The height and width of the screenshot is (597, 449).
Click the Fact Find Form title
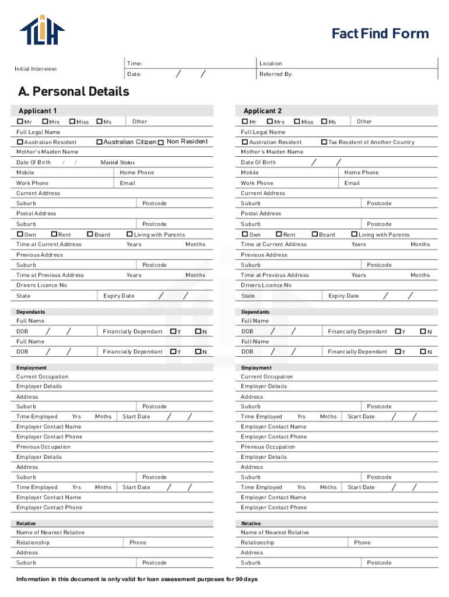[380, 34]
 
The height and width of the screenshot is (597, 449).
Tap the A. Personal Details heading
[73, 92]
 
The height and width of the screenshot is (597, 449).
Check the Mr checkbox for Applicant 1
[20, 121]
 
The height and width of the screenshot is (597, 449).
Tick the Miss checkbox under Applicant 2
[297, 121]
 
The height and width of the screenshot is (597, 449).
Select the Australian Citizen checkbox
[99, 142]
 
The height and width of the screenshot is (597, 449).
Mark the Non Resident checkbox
[161, 142]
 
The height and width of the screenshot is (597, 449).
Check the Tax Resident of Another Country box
[324, 142]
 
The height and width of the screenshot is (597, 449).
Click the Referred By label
[276, 75]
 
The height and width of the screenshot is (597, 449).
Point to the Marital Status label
[117, 163]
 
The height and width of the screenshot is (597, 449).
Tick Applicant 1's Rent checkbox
[54, 234]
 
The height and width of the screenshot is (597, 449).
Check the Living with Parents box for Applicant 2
[354, 234]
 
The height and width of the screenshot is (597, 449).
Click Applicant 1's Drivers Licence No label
[41, 285]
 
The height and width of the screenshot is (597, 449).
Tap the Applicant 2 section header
[262, 111]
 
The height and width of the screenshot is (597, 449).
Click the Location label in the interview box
[271, 64]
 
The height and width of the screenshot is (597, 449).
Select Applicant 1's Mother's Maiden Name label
[47, 152]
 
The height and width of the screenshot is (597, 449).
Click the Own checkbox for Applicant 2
[245, 234]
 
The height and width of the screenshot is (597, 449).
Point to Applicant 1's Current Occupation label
[42, 377]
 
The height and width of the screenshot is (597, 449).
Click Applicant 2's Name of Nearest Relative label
[275, 532]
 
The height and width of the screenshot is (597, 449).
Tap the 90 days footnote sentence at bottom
[137, 579]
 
